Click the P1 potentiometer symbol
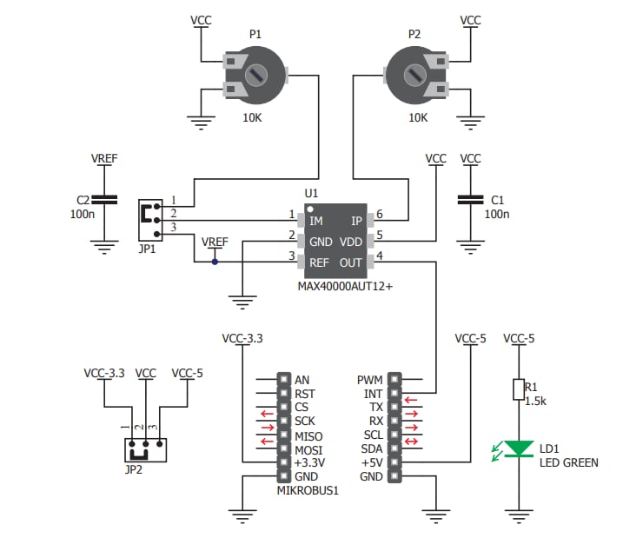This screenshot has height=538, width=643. (x=255, y=76)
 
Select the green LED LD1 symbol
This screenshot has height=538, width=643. (x=520, y=449)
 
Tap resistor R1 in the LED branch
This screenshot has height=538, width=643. (x=519, y=389)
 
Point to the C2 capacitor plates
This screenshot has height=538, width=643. (x=104, y=200)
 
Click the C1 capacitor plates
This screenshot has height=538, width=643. (x=470, y=200)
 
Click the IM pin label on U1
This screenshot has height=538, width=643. (x=316, y=222)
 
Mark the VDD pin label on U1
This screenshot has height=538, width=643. (x=350, y=242)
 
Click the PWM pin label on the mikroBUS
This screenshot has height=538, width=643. (x=369, y=380)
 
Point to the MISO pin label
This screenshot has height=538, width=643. (x=308, y=435)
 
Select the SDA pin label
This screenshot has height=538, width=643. (x=371, y=448)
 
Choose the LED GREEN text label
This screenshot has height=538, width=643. (x=568, y=462)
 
